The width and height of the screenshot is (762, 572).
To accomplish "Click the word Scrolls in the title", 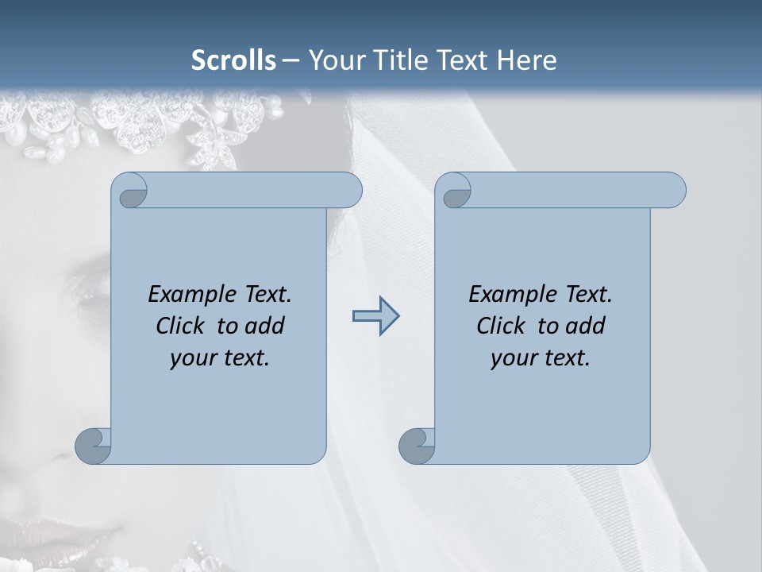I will (233, 60).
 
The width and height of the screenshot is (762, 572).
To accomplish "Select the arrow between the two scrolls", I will (375, 316).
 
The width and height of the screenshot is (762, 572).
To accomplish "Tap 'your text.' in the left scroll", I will (220, 357).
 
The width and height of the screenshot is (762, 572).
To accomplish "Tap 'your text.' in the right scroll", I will (541, 357).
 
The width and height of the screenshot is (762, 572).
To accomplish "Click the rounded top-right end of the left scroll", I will (349, 190).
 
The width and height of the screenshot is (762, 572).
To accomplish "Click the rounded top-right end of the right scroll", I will (673, 190).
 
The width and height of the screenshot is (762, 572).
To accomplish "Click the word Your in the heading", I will (333, 60).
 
